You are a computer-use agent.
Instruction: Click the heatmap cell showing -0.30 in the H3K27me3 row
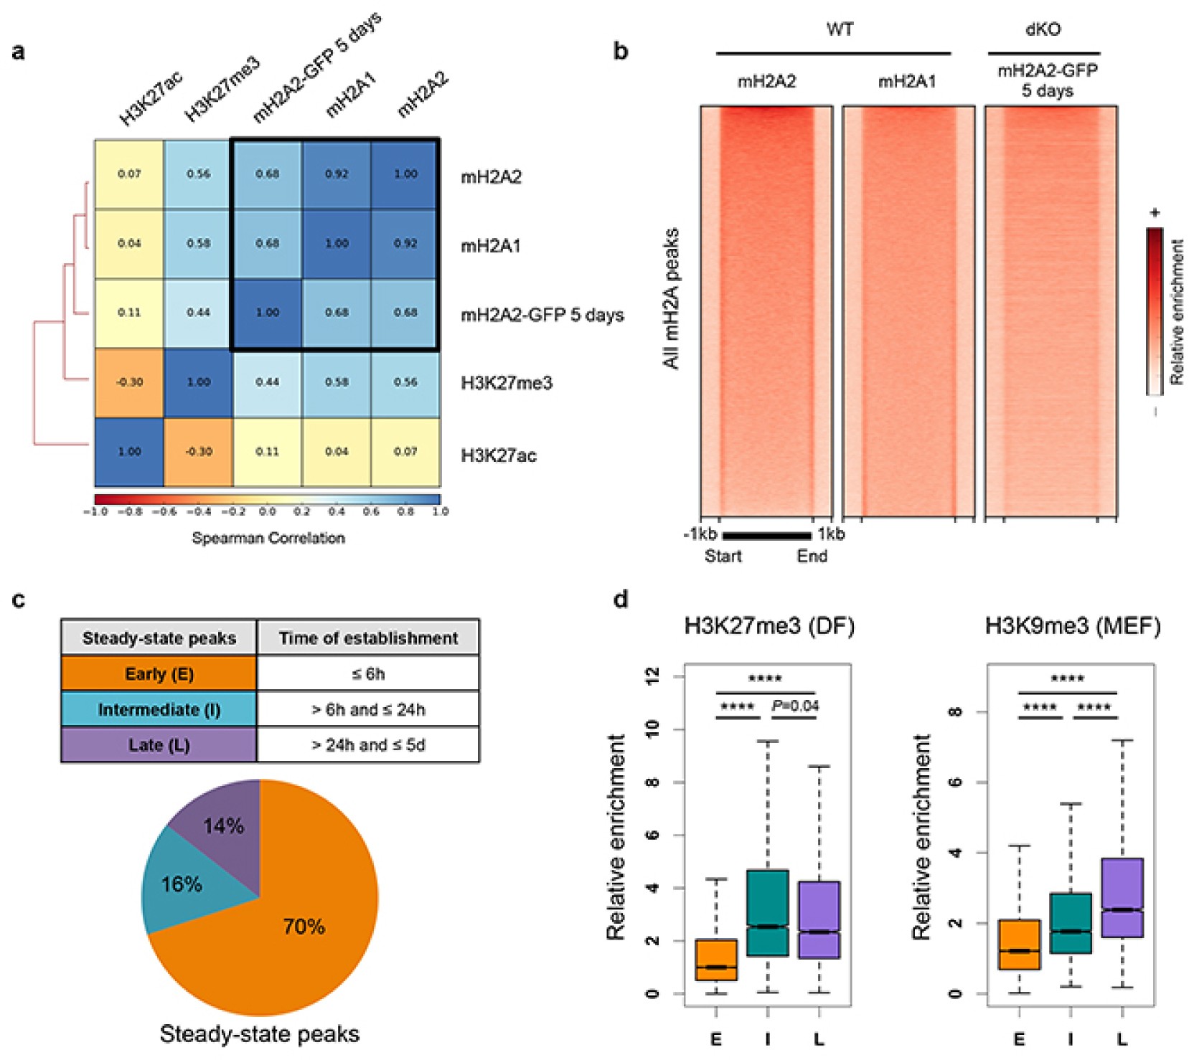129,382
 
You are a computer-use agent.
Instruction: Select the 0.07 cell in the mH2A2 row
129,174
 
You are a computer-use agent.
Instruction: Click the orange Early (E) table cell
159,674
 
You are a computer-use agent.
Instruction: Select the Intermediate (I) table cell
159,709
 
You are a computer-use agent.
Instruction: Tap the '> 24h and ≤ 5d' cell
368,745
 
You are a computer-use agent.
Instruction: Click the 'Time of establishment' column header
368,638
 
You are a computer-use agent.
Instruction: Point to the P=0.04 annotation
795,706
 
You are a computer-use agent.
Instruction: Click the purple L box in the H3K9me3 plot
1122,897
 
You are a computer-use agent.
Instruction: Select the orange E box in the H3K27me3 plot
716,960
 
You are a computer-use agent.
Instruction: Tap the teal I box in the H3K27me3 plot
767,912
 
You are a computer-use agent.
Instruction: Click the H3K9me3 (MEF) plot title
1073,626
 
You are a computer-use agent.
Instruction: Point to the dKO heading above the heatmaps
1043,29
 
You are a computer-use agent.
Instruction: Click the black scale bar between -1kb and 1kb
766,535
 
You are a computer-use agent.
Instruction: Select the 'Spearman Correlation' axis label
268,538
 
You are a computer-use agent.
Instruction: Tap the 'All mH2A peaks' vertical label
671,298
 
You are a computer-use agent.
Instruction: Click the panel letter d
621,599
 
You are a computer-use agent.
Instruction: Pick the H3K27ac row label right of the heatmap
499,455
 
